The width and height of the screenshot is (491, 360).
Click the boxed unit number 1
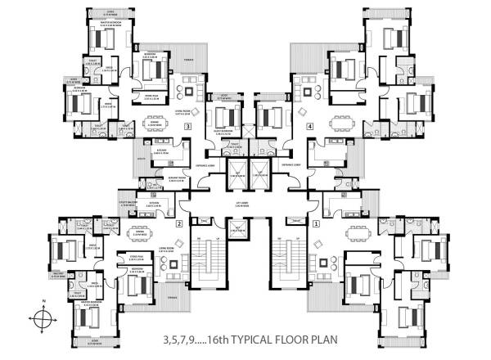[x=317, y=223]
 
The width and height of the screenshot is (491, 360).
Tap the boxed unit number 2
[x=178, y=223]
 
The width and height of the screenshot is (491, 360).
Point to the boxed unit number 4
[x=309, y=128]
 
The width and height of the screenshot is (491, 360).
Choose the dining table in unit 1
[x=355, y=233]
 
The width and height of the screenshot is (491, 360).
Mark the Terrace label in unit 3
[x=187, y=60]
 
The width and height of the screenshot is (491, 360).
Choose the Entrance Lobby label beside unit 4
[x=291, y=164]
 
